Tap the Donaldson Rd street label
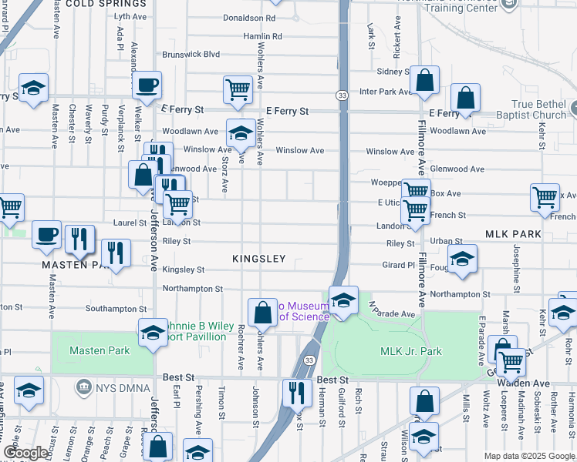coord(248,17)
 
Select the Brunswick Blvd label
coord(191,55)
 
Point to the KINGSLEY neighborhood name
coord(259,259)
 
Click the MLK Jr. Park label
coord(411,351)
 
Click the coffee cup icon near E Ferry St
coord(147,86)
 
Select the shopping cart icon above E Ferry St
coord(238,89)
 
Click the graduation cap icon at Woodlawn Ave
coord(241,132)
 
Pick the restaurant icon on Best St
coord(296,393)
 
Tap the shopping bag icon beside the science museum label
coord(262,311)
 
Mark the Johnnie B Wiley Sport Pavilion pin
coord(153,333)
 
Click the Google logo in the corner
coord(25,454)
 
